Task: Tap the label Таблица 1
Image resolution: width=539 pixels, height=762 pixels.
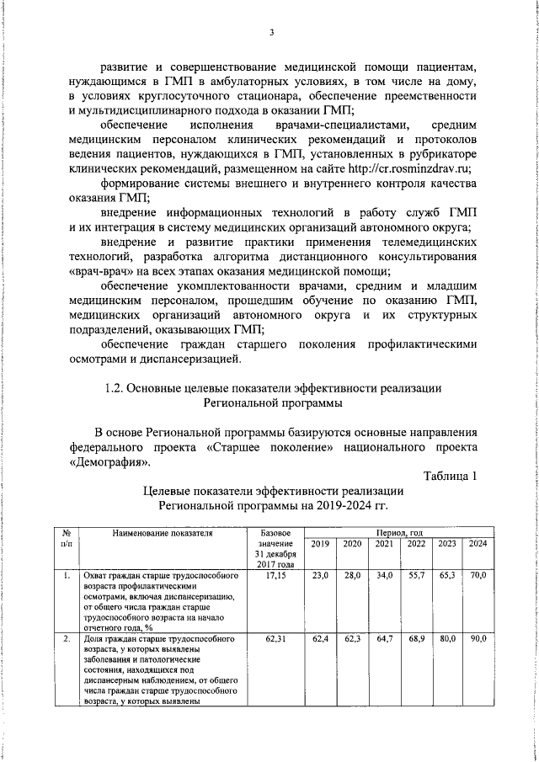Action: pyautogui.click(x=451, y=477)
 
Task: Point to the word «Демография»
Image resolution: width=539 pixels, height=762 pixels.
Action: pyautogui.click(x=109, y=461)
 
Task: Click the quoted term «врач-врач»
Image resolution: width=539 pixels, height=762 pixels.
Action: pyautogui.click(x=99, y=271)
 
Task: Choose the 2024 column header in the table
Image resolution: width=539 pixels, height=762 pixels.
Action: pyautogui.click(x=478, y=544)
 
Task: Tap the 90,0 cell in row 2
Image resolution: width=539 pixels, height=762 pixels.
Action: pyautogui.click(x=478, y=641)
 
